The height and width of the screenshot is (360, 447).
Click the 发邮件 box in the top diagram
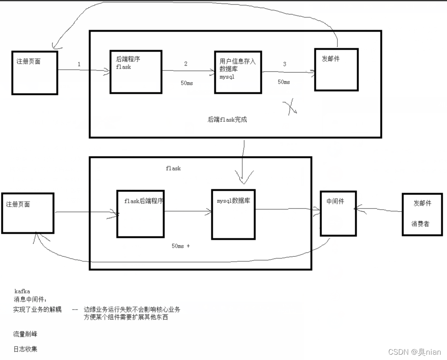(x=336, y=69)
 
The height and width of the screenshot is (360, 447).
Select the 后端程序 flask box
(x=136, y=72)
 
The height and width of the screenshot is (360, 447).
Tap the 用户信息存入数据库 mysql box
(x=238, y=72)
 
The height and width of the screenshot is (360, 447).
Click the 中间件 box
(x=338, y=213)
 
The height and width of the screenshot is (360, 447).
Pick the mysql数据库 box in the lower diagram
(x=233, y=214)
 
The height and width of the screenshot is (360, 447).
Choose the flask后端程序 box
(x=140, y=214)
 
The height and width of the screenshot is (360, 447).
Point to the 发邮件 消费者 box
(x=422, y=214)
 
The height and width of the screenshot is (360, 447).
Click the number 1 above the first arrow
(x=79, y=64)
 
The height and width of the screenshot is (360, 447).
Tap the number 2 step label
(x=186, y=64)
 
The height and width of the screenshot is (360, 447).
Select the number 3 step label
(x=285, y=64)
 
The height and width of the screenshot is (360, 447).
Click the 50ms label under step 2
(x=187, y=83)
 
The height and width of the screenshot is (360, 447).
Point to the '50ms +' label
(x=181, y=246)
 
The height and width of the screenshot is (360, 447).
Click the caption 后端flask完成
(x=227, y=120)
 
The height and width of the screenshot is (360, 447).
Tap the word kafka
(x=22, y=291)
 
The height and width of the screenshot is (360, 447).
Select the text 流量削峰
(x=25, y=334)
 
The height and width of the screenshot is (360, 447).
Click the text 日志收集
(x=25, y=349)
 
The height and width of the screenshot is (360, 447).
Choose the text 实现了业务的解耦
(x=37, y=310)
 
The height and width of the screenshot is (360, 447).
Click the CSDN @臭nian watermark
(x=414, y=352)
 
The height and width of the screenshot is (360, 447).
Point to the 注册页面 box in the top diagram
(x=35, y=73)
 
